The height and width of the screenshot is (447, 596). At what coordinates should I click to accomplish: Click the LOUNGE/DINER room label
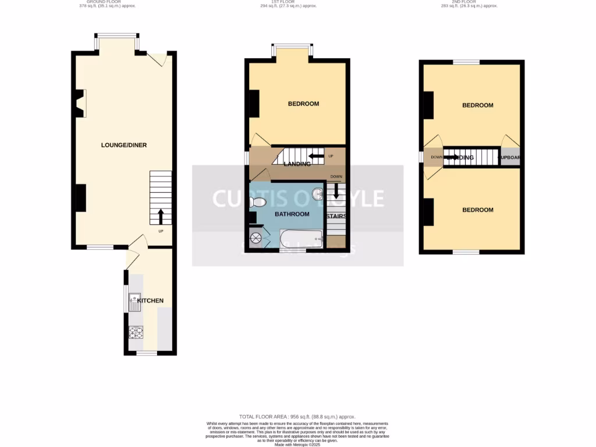click(x=123, y=145)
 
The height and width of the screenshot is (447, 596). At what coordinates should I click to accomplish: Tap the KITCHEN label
click(x=150, y=301)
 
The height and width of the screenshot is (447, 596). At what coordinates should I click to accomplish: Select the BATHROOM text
click(x=292, y=214)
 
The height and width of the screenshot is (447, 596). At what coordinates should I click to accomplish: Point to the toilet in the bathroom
click(x=257, y=203)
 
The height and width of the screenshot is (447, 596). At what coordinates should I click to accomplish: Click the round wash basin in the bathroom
click(x=317, y=194)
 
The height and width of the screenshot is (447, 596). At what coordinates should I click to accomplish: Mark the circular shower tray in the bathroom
click(x=257, y=237)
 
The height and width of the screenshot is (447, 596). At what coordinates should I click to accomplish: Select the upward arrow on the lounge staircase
click(x=161, y=217)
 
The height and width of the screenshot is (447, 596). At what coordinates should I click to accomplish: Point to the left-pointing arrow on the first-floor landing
click(x=317, y=156)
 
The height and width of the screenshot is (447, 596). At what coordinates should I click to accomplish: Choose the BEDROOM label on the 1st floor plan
click(x=303, y=104)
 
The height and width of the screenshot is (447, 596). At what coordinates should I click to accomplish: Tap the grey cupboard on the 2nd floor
click(x=510, y=157)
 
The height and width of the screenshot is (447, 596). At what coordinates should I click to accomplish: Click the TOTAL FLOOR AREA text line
click(x=297, y=417)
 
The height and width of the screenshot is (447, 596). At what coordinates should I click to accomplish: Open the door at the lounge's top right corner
click(x=158, y=59)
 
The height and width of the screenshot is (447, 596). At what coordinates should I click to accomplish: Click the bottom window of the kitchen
click(x=146, y=353)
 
